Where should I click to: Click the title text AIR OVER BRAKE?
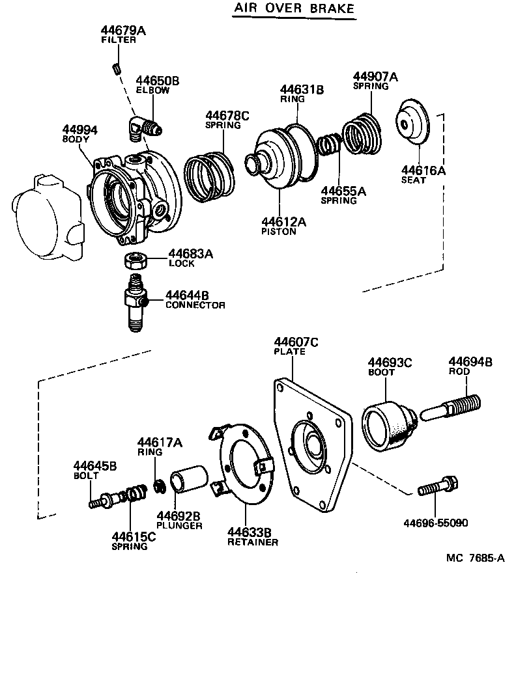coord(294,8)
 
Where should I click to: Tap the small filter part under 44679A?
coord(115,68)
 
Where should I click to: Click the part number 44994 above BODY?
coord(79,130)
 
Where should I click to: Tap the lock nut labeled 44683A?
coord(134,260)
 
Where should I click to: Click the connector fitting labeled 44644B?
coord(135,302)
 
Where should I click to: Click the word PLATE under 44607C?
coord(289,351)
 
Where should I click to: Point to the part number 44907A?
coord(375,76)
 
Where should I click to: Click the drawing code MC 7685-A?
coord(476,558)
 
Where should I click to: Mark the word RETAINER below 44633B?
coord(253,542)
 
